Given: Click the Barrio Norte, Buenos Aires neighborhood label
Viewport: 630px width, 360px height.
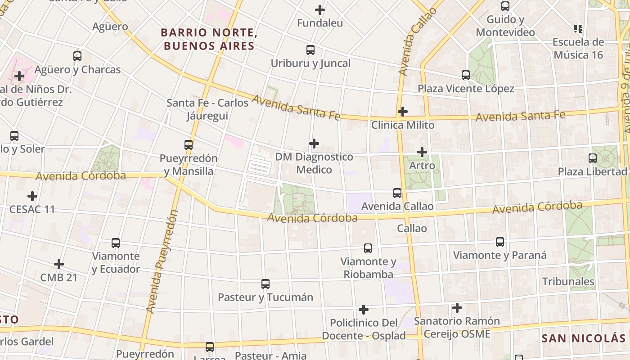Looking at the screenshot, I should pos(209,39).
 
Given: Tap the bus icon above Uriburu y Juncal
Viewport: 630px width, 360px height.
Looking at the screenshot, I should pos(310,50).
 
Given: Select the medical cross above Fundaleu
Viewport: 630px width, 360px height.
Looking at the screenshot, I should pos(320,9).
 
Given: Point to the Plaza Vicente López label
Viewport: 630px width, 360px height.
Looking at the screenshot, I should pos(466,89).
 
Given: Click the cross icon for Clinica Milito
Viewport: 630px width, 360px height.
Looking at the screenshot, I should pos(403,111).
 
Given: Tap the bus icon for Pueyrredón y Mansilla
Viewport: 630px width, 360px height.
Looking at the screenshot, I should pos(189,145).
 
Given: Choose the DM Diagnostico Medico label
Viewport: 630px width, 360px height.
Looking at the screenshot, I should pos(314,163).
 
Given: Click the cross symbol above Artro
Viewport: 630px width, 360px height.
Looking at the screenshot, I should pos(422,152).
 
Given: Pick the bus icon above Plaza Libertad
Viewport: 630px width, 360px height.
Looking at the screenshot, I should pos(592,158).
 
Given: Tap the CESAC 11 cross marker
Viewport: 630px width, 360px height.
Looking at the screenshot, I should pos(32,196).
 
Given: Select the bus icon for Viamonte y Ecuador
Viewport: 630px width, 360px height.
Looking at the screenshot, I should pos(116,243).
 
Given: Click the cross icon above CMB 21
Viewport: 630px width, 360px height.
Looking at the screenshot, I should pos(58,264).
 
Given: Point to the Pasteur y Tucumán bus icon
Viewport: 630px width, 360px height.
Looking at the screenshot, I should pos(265,284).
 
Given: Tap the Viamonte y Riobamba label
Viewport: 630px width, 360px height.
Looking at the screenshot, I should pos(368,268).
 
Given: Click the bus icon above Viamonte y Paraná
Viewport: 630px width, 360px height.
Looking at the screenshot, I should pos(499,242).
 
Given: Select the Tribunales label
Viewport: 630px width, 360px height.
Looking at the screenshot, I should pos(568,282).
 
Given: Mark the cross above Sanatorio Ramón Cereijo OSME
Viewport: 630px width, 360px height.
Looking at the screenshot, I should pos(457,308).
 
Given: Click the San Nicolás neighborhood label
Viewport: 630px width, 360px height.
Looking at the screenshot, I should pos(583,338).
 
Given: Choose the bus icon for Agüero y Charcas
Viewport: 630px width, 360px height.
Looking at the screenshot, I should pos(77,56).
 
